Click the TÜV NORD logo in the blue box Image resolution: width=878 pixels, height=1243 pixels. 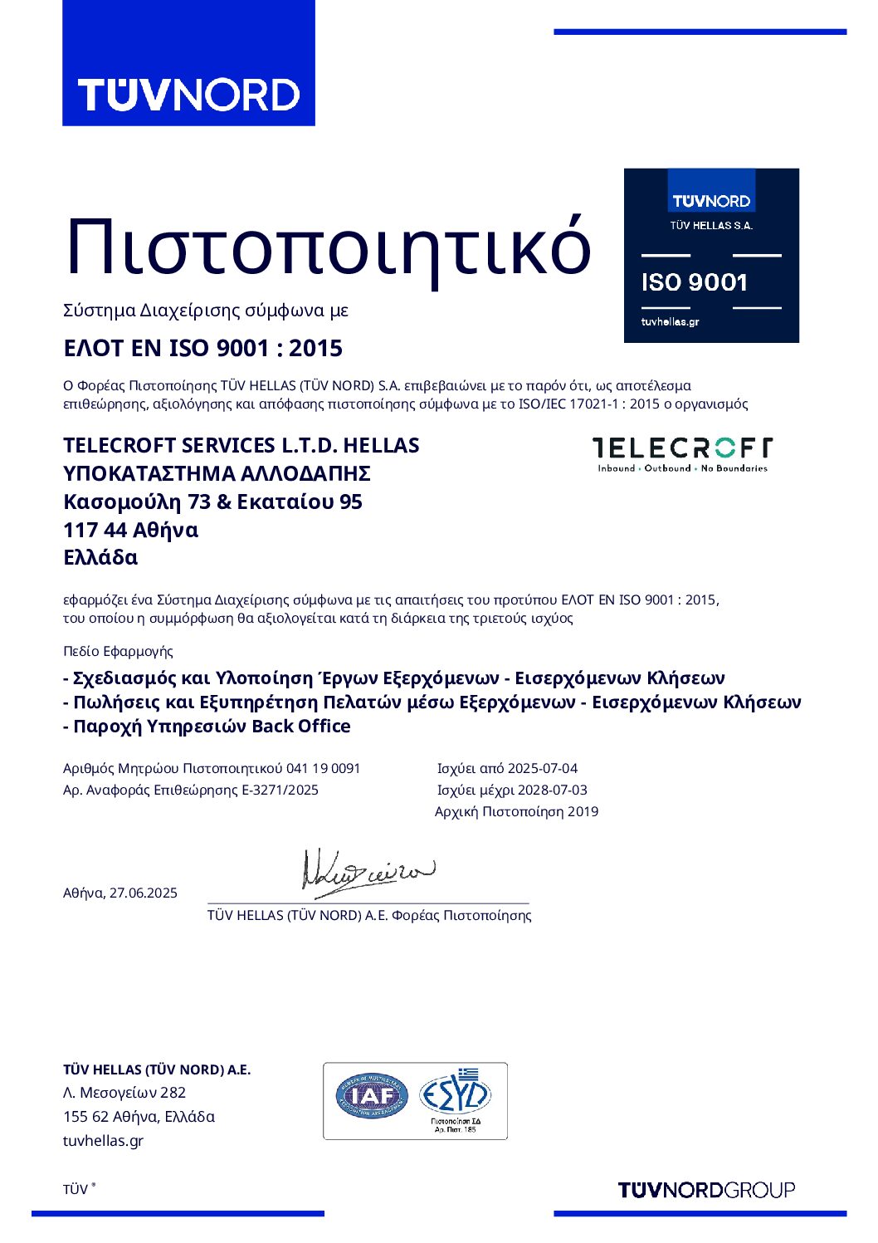(x=188, y=94)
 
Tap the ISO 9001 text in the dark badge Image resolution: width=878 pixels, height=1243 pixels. (x=694, y=282)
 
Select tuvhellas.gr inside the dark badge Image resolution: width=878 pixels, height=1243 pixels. (x=670, y=321)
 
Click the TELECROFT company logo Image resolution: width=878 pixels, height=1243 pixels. (x=682, y=453)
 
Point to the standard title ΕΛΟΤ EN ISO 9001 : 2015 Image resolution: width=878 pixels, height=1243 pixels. (x=202, y=348)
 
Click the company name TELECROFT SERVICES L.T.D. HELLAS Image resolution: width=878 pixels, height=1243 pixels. (x=241, y=445)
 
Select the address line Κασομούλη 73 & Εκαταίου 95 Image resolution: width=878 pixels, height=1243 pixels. (x=212, y=502)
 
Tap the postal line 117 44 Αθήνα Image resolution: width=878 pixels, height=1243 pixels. (x=130, y=530)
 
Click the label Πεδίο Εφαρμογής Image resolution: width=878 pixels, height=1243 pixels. (x=118, y=651)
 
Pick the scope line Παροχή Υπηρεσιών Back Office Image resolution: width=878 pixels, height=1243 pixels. (x=212, y=726)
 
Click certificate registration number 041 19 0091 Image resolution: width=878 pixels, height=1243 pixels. (x=323, y=768)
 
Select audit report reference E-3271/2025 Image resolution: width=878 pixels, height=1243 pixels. (x=280, y=790)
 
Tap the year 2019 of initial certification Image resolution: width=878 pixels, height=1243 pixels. (x=583, y=811)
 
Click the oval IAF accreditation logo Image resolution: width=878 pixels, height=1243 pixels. (x=372, y=1096)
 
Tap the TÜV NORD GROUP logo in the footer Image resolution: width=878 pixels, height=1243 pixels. (x=706, y=1190)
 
